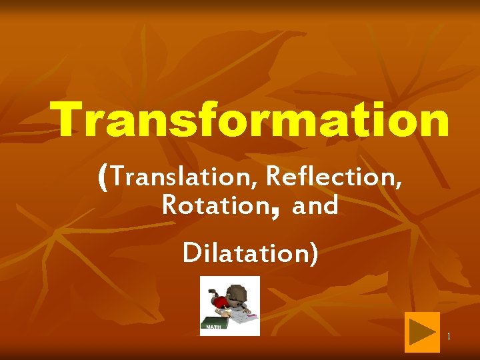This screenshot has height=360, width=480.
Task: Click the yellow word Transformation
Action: [x=253, y=121]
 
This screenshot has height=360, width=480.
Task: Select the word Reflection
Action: [x=333, y=177]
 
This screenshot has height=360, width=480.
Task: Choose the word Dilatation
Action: [x=243, y=254]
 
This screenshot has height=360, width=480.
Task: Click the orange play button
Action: [x=422, y=332]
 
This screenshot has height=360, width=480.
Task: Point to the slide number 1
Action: [x=449, y=336]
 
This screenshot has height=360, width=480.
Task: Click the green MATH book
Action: [x=215, y=326]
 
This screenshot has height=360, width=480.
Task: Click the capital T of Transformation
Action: [x=72, y=121]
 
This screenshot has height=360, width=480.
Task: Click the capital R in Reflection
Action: [x=273, y=177]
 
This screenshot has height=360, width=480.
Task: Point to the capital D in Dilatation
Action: [x=190, y=253]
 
